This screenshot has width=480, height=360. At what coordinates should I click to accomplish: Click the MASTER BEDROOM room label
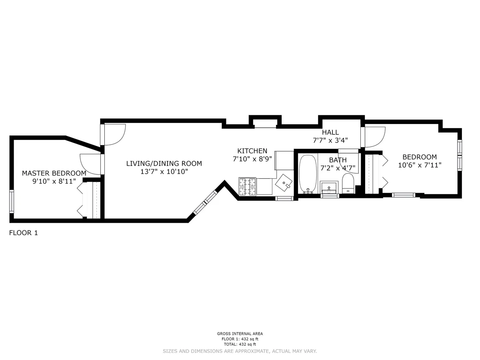[54, 173]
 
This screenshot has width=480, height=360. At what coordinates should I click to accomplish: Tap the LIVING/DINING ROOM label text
[164, 163]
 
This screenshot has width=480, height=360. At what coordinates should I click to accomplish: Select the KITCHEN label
[252, 151]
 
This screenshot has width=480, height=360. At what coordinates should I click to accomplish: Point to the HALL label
[330, 132]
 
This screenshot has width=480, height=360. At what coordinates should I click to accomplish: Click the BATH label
[338, 160]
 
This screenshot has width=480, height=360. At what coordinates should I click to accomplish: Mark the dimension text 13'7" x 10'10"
[164, 172]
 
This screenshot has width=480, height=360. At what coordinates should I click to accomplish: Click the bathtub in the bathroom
[308, 174]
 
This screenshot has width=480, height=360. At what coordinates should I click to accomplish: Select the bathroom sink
[329, 187]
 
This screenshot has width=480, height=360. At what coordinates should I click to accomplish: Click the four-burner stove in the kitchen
[247, 187]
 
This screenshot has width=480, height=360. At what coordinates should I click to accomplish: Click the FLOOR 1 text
[23, 233]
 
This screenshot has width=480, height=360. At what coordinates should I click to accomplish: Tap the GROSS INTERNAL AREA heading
[240, 334]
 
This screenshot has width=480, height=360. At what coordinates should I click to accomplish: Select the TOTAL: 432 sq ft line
[240, 344]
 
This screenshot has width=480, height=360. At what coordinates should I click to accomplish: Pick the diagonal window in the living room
[205, 203]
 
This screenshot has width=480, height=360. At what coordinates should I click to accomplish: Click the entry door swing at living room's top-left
[114, 134]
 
